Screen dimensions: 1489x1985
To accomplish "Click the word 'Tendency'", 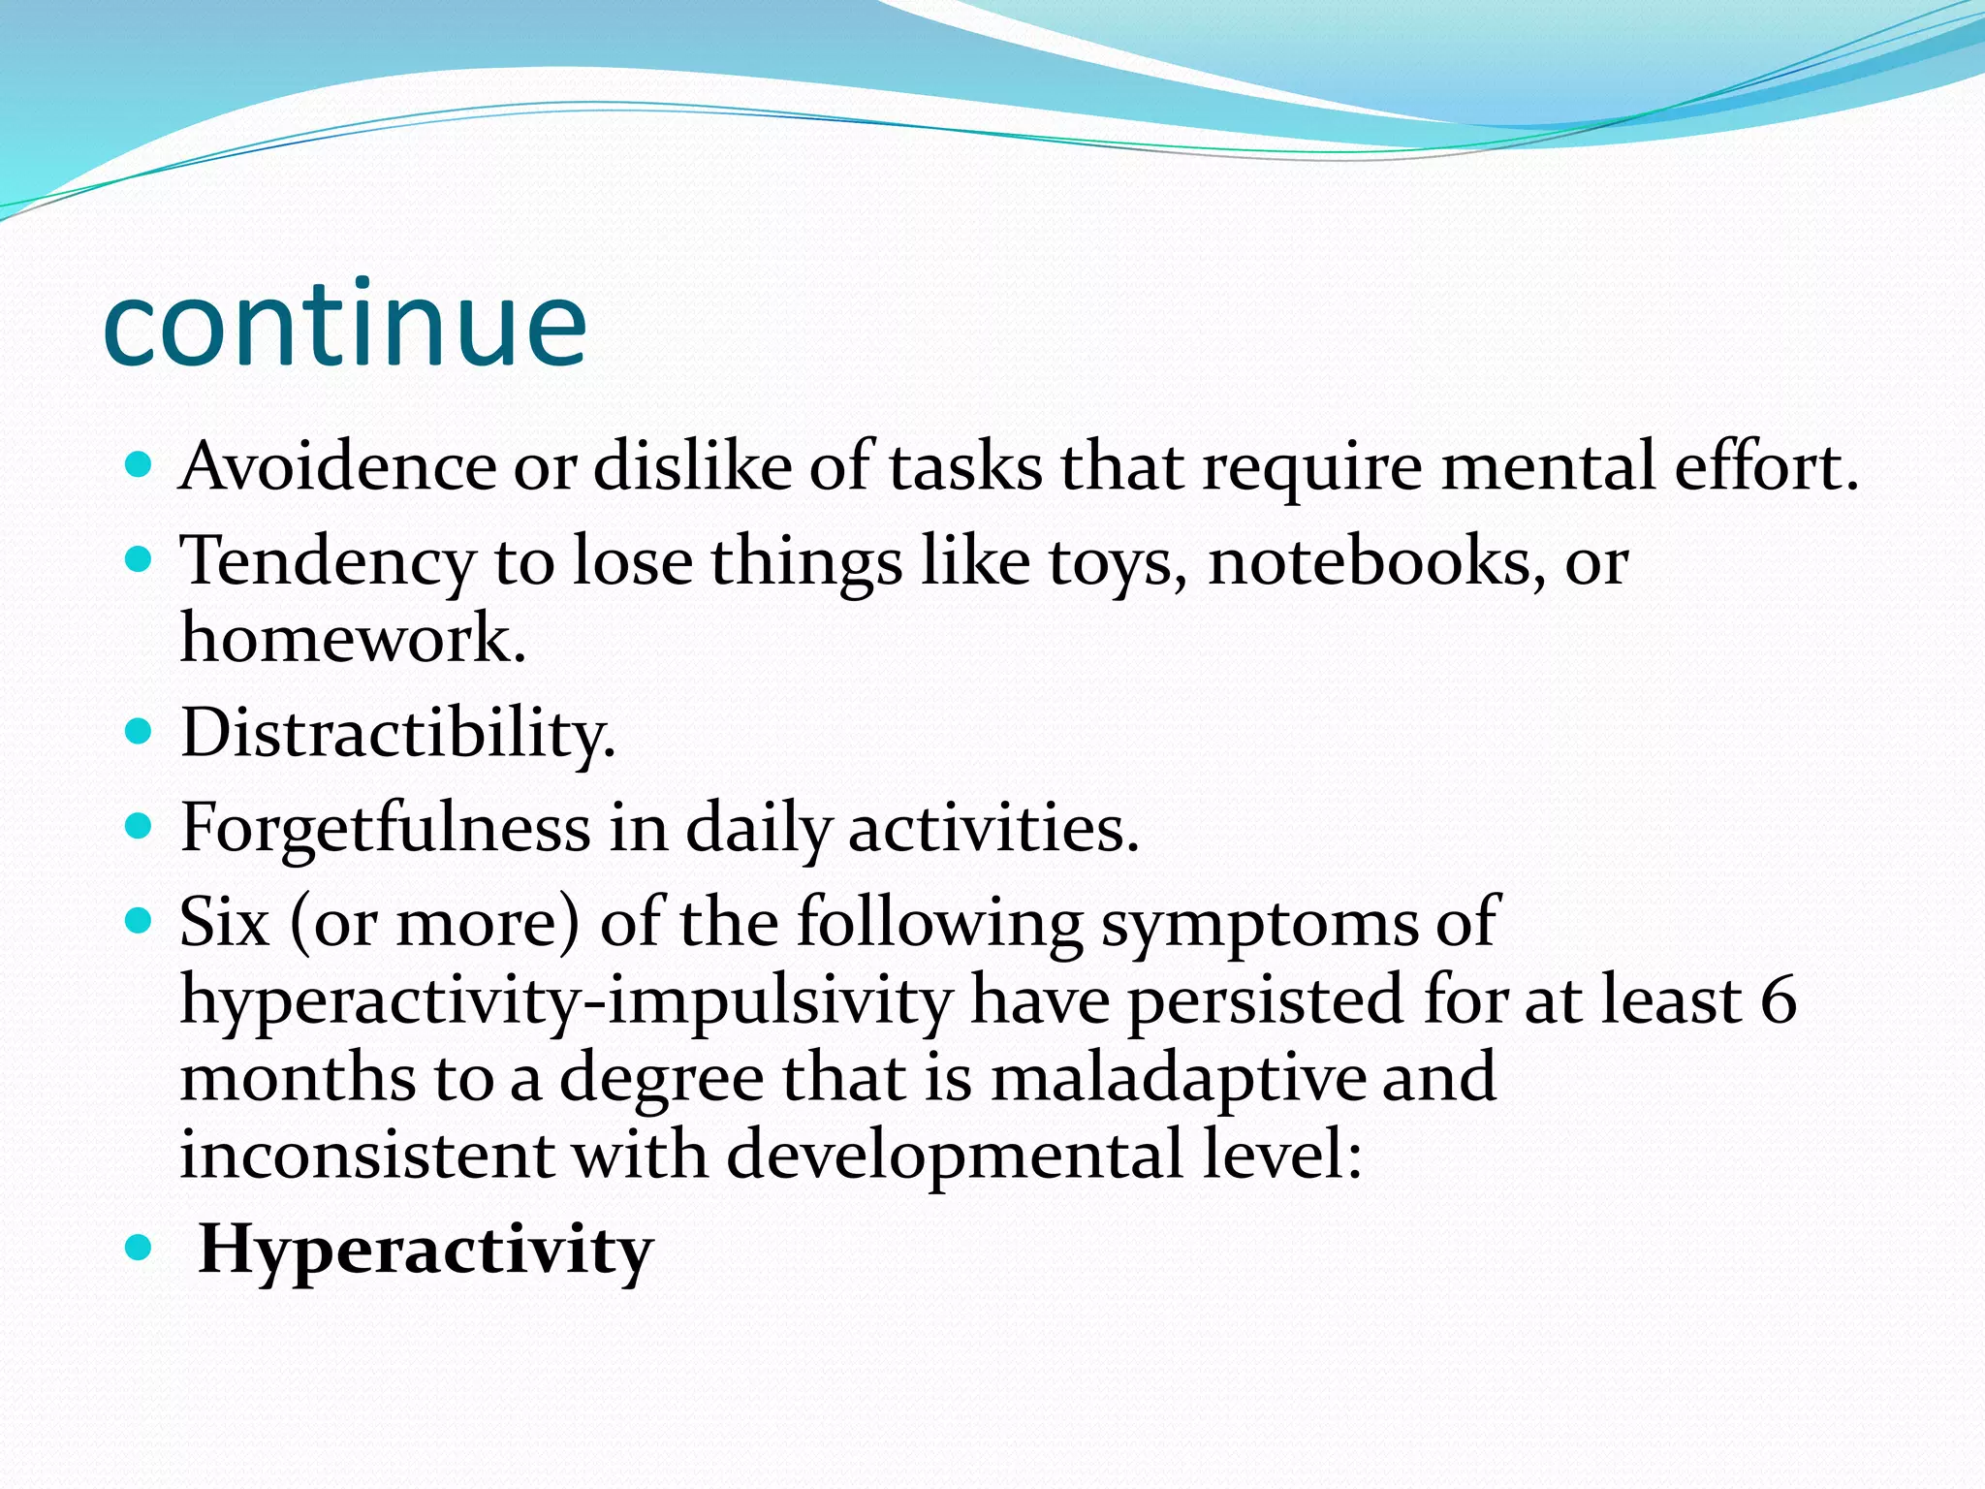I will point(328,562).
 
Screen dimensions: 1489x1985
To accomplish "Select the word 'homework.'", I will point(353,640).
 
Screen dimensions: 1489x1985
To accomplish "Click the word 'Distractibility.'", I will point(397,734).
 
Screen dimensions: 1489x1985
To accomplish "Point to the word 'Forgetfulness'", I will point(386,829).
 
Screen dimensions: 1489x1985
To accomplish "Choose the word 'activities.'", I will point(993,829).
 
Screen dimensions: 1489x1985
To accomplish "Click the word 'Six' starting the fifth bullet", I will point(224,922).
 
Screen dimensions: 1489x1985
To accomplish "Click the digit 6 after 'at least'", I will point(1779,1000).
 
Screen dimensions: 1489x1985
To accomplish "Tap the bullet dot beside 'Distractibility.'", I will point(140,730).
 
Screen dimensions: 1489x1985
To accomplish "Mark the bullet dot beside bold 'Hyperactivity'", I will point(140,1248).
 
